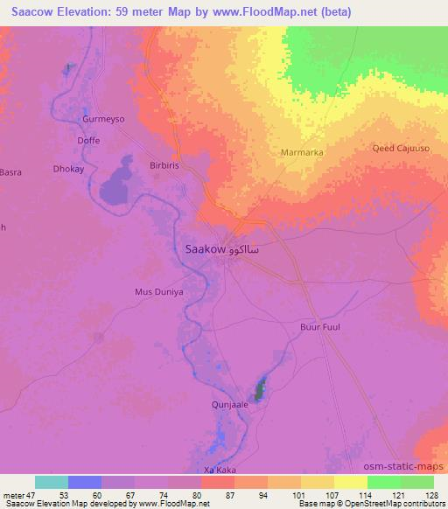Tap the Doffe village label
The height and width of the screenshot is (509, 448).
(88, 140)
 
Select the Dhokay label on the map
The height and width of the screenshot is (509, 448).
(68, 169)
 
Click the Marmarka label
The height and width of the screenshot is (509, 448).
(302, 152)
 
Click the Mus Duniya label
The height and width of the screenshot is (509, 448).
(158, 292)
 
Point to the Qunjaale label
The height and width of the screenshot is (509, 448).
(231, 404)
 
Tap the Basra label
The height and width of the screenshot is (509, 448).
(10, 172)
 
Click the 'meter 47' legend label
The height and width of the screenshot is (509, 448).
(20, 494)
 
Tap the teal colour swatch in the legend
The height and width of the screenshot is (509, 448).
(52, 482)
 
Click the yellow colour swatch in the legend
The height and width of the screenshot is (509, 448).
(350, 482)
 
